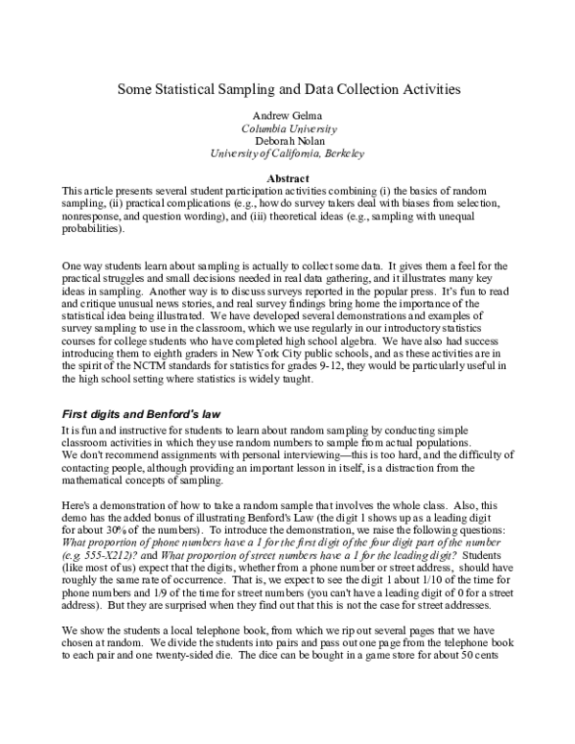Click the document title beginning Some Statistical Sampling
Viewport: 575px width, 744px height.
288,88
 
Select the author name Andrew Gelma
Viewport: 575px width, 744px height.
288,115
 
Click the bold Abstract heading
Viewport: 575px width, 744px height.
288,179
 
